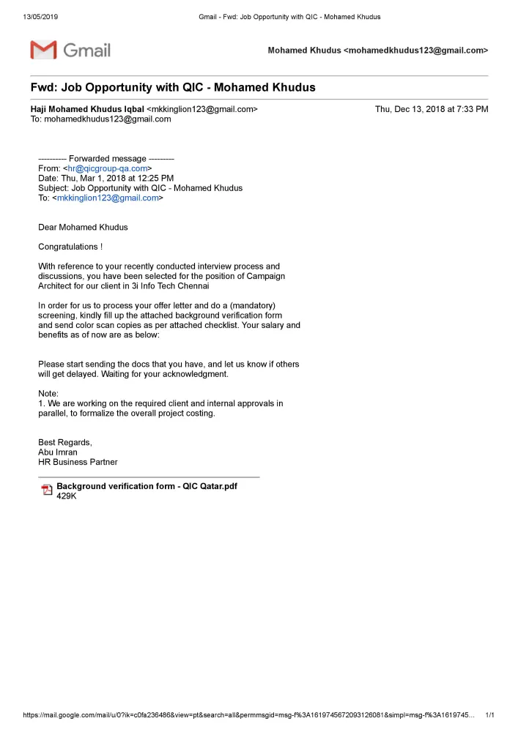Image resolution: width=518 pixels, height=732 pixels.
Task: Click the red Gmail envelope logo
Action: pos(43,50)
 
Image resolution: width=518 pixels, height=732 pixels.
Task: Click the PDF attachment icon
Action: pos(47,490)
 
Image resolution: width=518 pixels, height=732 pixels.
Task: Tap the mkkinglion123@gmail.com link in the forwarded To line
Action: pos(108,198)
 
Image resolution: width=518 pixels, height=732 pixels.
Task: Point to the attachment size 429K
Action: pos(67,496)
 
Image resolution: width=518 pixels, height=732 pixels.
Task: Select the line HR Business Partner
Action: pos(78,462)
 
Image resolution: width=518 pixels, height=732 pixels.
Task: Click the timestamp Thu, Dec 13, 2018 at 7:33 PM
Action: pos(432,109)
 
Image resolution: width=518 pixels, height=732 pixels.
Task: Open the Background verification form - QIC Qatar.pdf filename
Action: pos(147,486)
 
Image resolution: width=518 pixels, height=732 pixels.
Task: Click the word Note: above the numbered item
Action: pos(48,393)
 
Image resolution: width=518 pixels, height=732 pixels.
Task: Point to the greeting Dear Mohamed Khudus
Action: pos(83,227)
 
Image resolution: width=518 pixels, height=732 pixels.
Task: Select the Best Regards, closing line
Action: pos(65,442)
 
